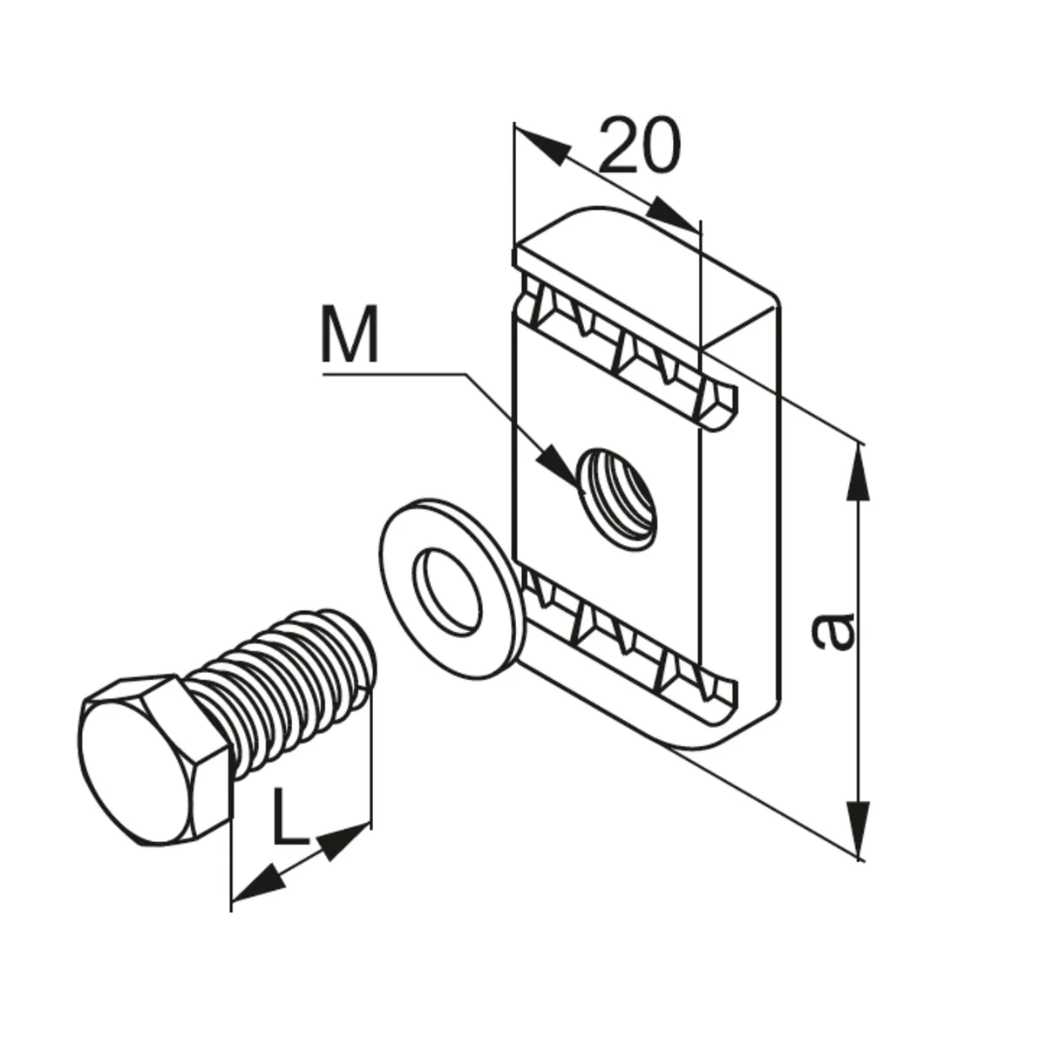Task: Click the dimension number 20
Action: [640, 145]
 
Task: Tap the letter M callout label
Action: [349, 335]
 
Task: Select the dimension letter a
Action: [833, 631]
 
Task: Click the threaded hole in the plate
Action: [616, 498]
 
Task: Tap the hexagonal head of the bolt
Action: [154, 759]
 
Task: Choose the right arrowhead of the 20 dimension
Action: [671, 214]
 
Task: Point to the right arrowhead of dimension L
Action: [343, 842]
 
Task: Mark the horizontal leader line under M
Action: [394, 373]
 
